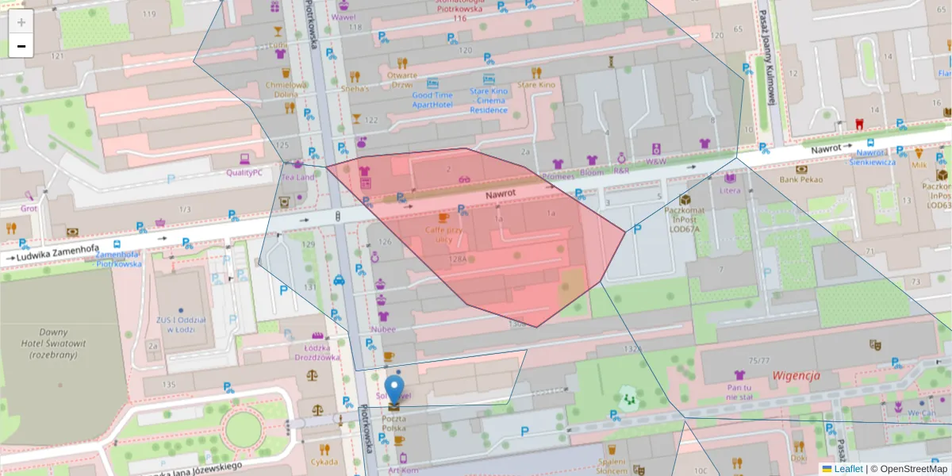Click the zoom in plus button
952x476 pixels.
pos(21,22)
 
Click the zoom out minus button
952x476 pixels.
pos(21,47)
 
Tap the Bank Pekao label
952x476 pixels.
pos(801,179)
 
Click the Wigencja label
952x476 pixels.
pos(796,375)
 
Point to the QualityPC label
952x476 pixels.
pos(244,172)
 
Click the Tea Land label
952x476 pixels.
pos(296,177)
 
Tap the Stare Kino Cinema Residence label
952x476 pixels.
pos(489,101)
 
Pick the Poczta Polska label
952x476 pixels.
pos(394,422)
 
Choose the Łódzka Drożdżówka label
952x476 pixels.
pos(317,351)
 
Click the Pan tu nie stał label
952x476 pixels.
pos(739,392)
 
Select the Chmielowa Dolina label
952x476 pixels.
pos(286,90)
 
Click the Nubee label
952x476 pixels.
pos(383,328)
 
